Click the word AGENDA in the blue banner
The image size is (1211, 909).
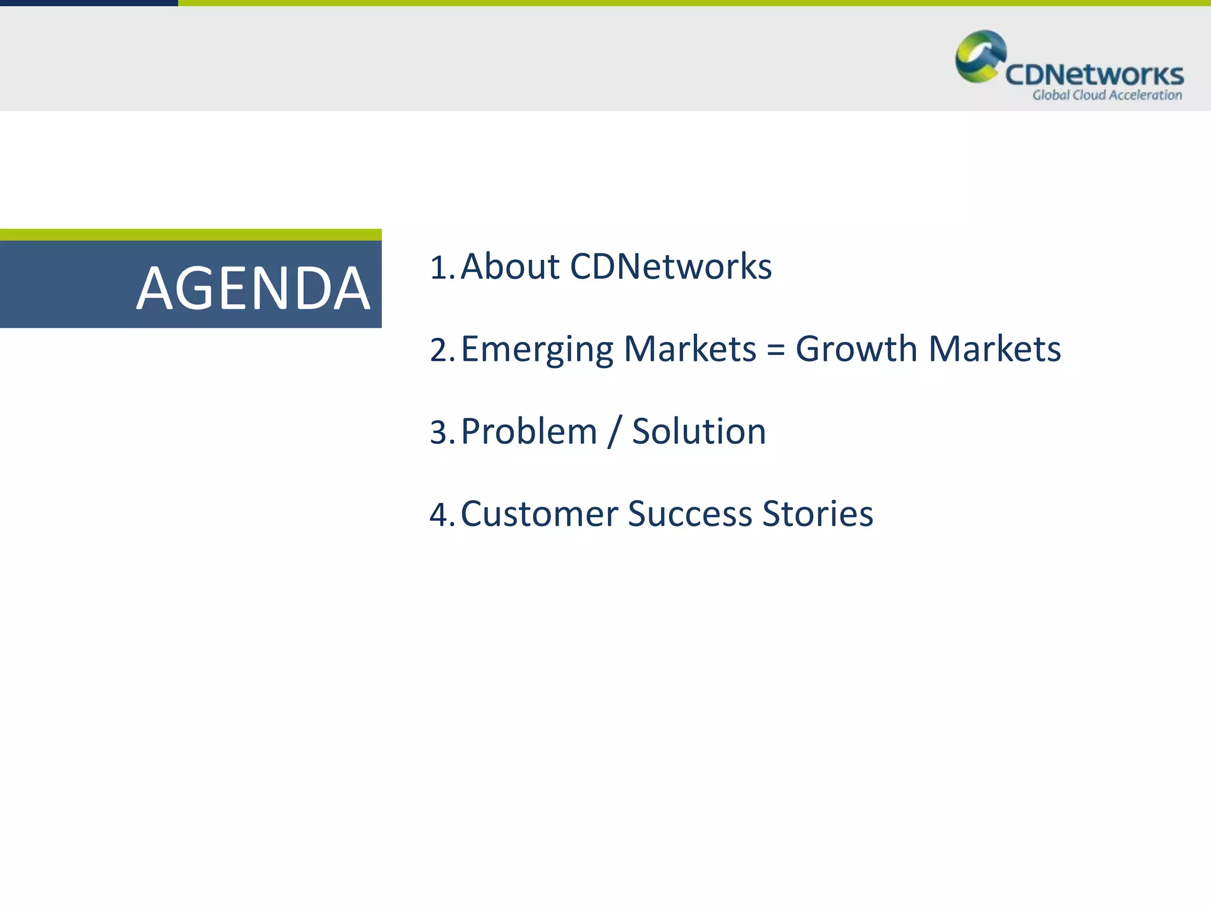click(253, 289)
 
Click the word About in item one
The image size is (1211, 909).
click(510, 266)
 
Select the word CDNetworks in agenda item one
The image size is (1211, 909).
click(671, 266)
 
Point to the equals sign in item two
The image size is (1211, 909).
click(775, 349)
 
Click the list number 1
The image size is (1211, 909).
click(440, 267)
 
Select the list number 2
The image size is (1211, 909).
click(440, 350)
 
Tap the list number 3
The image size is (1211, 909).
click(440, 432)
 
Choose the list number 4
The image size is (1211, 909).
click(440, 514)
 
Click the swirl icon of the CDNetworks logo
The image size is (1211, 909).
click(980, 56)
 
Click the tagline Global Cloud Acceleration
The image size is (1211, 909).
click(1107, 95)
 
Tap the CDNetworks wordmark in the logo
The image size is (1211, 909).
click(1094, 75)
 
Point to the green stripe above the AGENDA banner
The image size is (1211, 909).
click(190, 234)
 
